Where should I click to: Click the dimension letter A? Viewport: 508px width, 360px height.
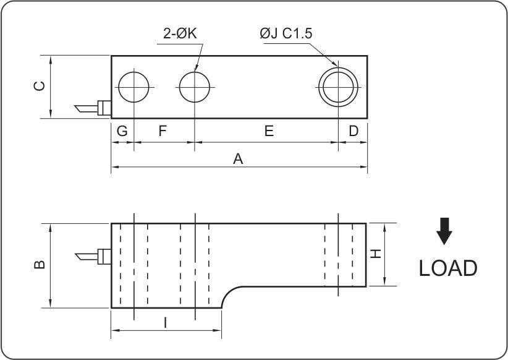click(238, 159)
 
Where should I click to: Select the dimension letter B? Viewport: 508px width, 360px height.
click(38, 265)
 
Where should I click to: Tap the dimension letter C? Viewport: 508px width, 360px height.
click(38, 86)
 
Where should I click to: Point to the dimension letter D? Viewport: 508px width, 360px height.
click(353, 131)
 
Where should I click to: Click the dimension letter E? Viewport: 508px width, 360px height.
click(269, 131)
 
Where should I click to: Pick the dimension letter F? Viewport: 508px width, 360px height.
click(163, 131)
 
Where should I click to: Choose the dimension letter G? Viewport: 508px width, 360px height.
click(122, 131)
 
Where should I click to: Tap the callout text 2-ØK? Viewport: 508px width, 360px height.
click(180, 34)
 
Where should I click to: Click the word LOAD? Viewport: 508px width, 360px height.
click(448, 268)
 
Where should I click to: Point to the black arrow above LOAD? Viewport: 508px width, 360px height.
click(444, 231)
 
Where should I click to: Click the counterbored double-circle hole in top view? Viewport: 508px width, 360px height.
click(338, 87)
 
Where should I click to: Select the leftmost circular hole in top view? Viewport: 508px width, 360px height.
click(134, 87)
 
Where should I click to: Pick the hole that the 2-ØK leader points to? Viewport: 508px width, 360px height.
click(194, 87)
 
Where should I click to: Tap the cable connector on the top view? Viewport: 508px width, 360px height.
click(93, 108)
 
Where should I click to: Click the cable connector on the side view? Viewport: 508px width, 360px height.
click(93, 255)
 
